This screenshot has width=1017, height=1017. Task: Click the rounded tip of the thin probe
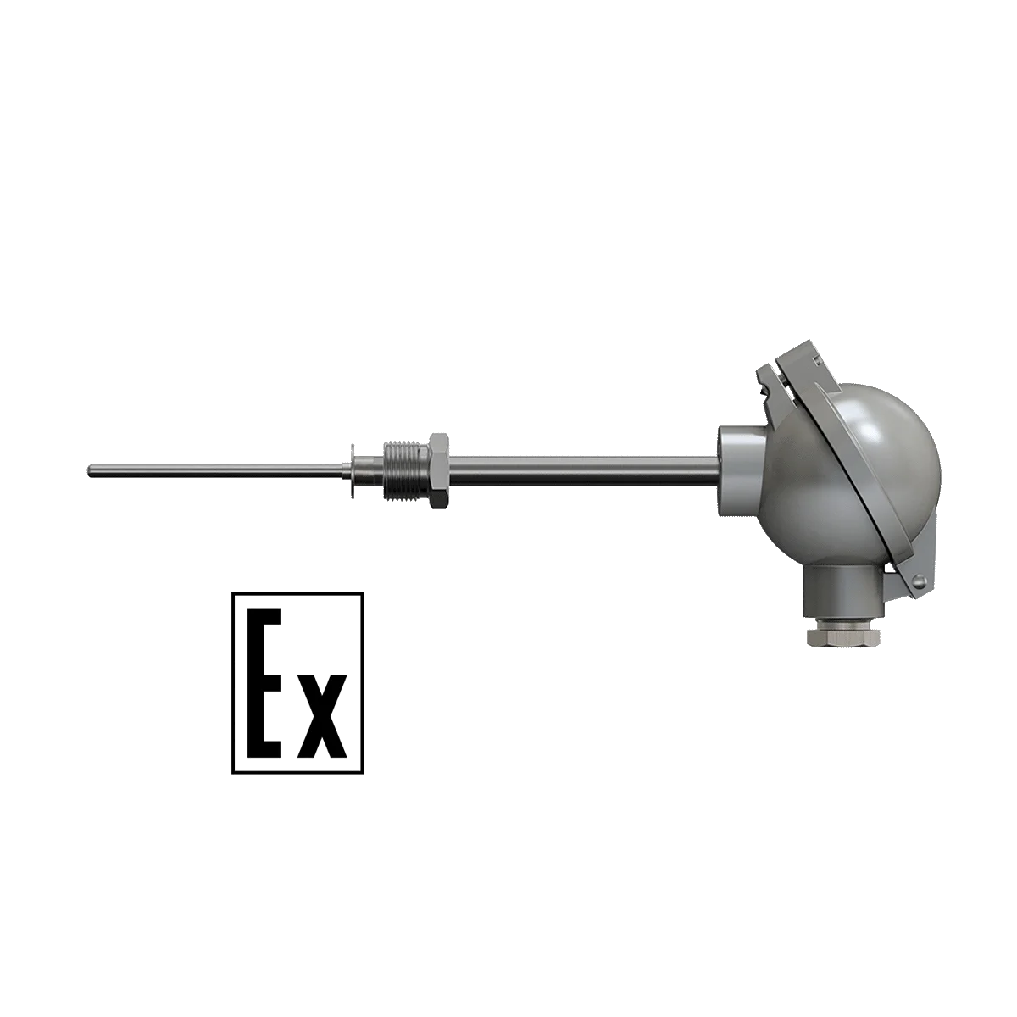tap(90, 470)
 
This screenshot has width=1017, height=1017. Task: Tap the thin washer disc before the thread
tap(352, 470)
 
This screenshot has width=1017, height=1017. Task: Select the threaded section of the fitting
tap(406, 470)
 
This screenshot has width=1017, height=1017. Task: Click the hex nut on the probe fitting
tap(440, 470)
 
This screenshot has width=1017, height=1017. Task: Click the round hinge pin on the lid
tap(920, 581)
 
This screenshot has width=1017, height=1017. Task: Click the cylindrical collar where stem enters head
tap(736, 470)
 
